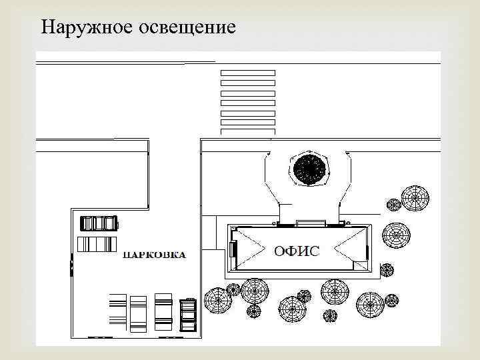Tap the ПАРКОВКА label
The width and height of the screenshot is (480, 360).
(154, 255)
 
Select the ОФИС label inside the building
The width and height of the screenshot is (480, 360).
(297, 251)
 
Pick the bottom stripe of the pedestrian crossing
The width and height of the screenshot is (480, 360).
(247, 131)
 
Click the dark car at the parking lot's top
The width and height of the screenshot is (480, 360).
(98, 222)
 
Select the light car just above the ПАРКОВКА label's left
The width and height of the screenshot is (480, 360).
(97, 244)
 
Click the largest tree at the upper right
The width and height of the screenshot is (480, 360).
(415, 197)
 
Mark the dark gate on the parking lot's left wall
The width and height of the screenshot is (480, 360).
(72, 266)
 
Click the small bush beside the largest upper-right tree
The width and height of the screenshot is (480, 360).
(393, 205)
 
